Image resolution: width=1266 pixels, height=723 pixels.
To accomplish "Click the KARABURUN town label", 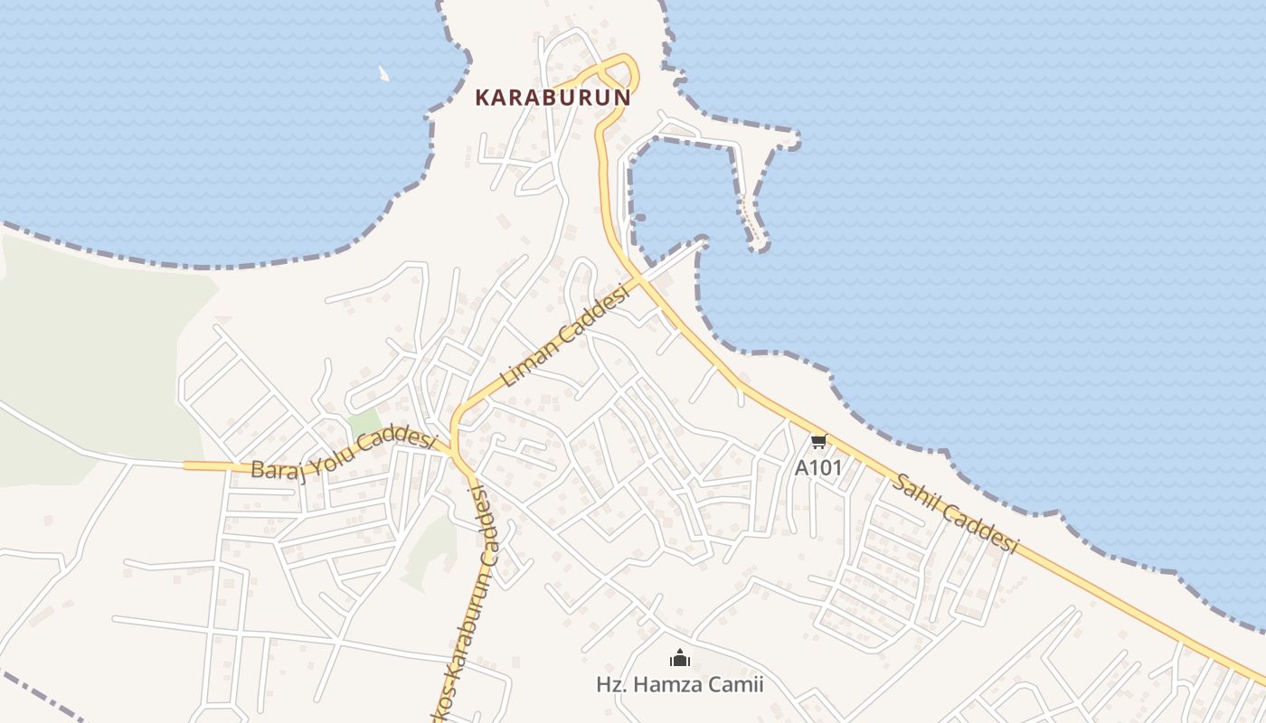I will point(553,98).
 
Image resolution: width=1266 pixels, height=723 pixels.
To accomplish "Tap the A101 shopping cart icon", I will point(818,441).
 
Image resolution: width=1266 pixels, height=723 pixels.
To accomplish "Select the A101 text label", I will point(818,468).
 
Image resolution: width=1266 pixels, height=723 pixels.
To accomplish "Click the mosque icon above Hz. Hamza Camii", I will point(680,658).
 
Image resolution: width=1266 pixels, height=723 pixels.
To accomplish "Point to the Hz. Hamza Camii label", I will point(680,685).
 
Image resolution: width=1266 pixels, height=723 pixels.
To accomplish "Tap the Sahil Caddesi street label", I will point(955,513).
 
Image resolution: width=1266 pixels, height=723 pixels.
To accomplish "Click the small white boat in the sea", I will point(383,73).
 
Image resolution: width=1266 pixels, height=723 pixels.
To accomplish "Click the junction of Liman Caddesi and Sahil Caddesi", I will point(640,281).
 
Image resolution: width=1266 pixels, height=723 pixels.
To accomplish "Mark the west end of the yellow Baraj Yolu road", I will point(187,465).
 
